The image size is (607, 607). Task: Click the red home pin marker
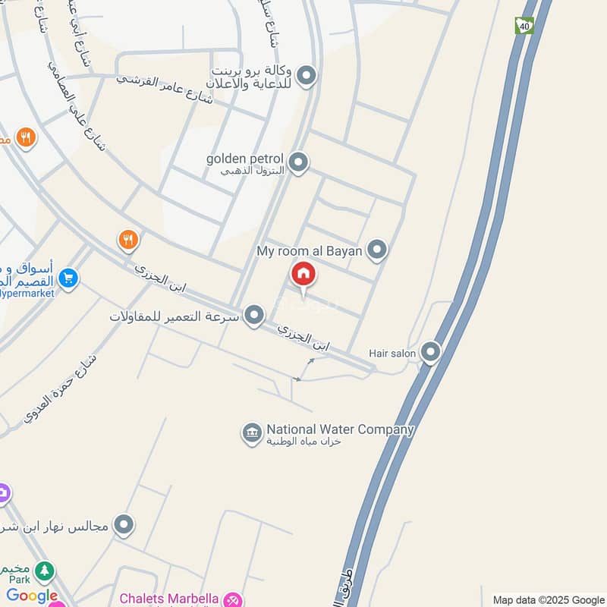coord(303,275)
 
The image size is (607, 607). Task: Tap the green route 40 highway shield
coord(524,26)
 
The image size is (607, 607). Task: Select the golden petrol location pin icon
coord(299,162)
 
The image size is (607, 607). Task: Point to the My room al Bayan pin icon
coord(377,249)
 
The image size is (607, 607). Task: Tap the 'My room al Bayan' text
coord(310,250)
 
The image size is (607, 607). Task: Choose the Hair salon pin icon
coord(430,351)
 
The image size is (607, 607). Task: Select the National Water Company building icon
coord(252,433)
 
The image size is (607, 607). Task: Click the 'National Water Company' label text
coord(340,429)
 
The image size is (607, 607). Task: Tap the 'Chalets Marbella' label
coord(169,599)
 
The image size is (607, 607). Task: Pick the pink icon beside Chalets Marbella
coord(234,599)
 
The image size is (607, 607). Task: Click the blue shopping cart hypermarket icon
coord(68,279)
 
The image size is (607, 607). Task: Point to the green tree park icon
coord(46,570)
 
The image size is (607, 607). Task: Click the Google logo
coord(32,596)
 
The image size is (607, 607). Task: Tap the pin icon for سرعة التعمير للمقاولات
coord(254,315)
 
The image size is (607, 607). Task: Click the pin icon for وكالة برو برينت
coord(306,75)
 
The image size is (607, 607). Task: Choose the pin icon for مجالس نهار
coord(123,524)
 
